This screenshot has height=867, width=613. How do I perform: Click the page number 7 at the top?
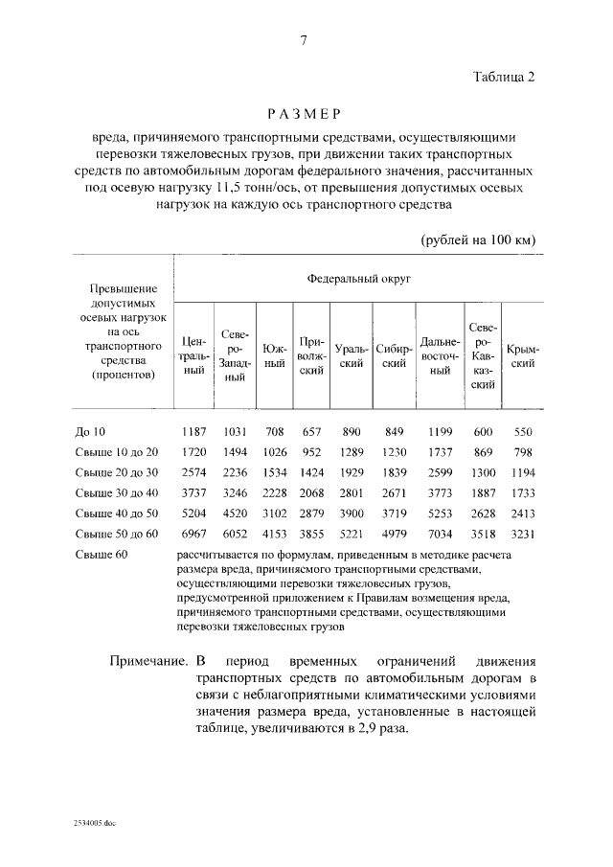tap(304, 39)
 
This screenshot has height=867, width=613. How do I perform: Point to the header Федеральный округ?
tap(358, 278)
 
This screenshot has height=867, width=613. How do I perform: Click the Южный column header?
tap(275, 355)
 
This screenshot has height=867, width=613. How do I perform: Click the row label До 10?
tap(91, 431)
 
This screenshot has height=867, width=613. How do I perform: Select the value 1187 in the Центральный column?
tap(194, 431)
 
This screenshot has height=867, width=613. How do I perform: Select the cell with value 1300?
tap(484, 471)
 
